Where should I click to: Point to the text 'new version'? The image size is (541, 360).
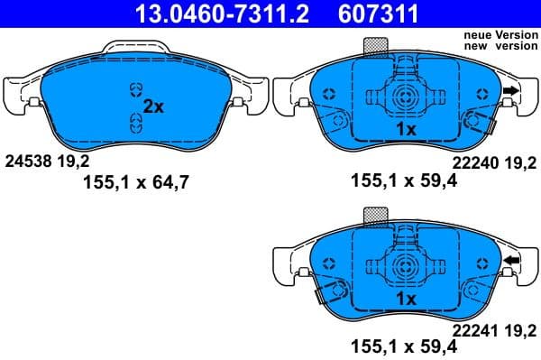tap(500, 45)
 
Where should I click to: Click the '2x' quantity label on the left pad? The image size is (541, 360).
tap(153, 106)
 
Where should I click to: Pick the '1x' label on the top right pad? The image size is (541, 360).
tap(406, 130)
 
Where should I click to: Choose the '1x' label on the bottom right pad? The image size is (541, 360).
tap(406, 299)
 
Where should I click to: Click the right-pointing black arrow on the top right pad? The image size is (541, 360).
tap(511, 91)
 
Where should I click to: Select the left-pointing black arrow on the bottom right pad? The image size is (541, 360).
tap(511, 262)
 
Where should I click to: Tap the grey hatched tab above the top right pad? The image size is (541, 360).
tap(374, 46)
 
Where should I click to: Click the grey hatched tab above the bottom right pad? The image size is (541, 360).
tap(374, 215)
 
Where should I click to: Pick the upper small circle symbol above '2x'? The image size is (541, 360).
tap(135, 88)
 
